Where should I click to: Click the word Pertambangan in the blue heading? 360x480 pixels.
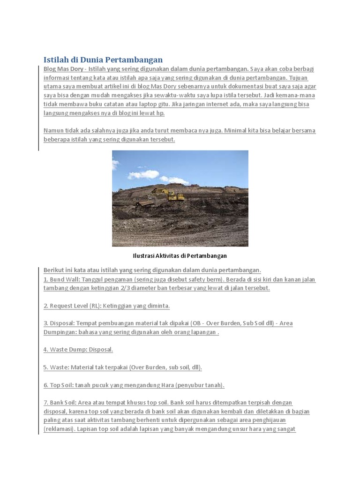(135, 60)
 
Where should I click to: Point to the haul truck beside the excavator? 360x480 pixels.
(142, 202)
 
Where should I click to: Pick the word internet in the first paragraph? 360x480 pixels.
(240, 105)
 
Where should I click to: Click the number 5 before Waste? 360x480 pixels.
(45, 367)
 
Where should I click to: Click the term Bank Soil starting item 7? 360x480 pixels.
(63, 403)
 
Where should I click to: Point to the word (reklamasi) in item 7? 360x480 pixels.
(59, 429)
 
